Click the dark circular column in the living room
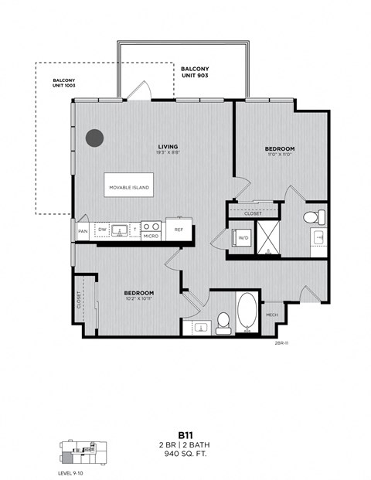click(94, 138)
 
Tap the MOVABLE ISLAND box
click(128, 187)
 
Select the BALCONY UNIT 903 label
click(195, 73)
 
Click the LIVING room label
click(168, 146)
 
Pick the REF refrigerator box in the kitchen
click(179, 229)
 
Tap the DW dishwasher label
click(102, 230)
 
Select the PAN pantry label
click(82, 230)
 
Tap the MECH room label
click(271, 315)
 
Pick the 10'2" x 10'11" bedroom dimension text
click(139, 299)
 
